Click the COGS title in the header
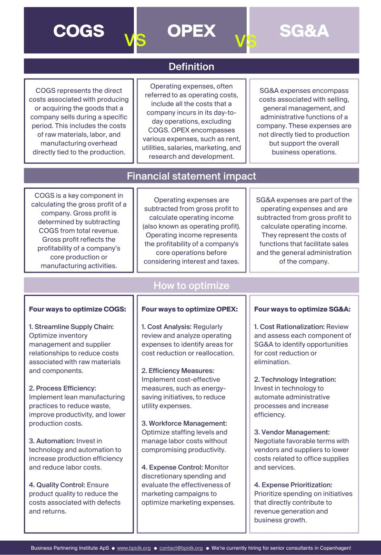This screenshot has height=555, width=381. pyautogui.click(x=79, y=30)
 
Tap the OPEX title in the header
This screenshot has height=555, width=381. pyautogui.click(x=191, y=30)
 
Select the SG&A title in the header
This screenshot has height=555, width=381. pyautogui.click(x=304, y=30)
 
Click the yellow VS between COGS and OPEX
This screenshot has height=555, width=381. pyautogui.click(x=135, y=40)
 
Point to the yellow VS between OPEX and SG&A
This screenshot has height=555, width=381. pyautogui.click(x=246, y=41)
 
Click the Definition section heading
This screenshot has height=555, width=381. pyautogui.click(x=191, y=66)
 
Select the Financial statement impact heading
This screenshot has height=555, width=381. pyautogui.click(x=191, y=176)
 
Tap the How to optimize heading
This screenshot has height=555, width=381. pyautogui.click(x=191, y=285)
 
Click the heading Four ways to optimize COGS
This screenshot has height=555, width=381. pyautogui.click(x=78, y=309)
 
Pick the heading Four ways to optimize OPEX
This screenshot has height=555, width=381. pyautogui.click(x=190, y=309)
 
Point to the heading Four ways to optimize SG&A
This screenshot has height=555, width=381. pyautogui.click(x=302, y=309)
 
